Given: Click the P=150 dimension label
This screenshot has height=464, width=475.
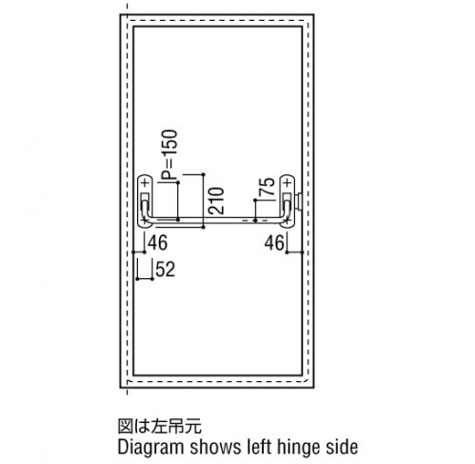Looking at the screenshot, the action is tap(168, 155).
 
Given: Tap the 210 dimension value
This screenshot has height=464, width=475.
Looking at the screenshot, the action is tap(216, 200).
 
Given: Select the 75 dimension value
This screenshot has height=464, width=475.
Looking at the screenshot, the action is tap(267, 187).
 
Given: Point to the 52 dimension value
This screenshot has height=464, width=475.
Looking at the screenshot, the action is tap(166, 270).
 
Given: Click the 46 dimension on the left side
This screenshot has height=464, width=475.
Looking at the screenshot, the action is tap(157, 243).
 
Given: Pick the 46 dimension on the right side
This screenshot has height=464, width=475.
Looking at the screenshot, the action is tap(274, 243).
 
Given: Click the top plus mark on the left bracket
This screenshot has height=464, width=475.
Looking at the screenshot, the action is tap(146, 183).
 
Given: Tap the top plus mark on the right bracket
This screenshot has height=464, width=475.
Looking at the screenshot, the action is tap(287, 183).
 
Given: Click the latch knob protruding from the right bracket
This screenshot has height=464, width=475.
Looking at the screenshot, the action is tap(298, 201).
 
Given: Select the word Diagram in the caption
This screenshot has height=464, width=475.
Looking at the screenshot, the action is tap(151, 447).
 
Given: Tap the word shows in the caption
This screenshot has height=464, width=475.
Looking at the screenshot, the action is tap(215, 447).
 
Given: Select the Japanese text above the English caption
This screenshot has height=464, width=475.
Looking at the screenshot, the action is tap(160, 426).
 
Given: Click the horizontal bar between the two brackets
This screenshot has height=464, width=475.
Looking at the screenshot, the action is tap(216, 220).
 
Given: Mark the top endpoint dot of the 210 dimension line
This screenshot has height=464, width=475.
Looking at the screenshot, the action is tap(204, 174).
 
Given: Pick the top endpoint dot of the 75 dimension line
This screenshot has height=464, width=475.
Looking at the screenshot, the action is tap(255, 200).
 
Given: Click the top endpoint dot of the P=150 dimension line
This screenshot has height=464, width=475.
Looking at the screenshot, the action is tap(178, 182).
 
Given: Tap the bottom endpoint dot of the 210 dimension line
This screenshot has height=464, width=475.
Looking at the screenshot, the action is tap(204, 228).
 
